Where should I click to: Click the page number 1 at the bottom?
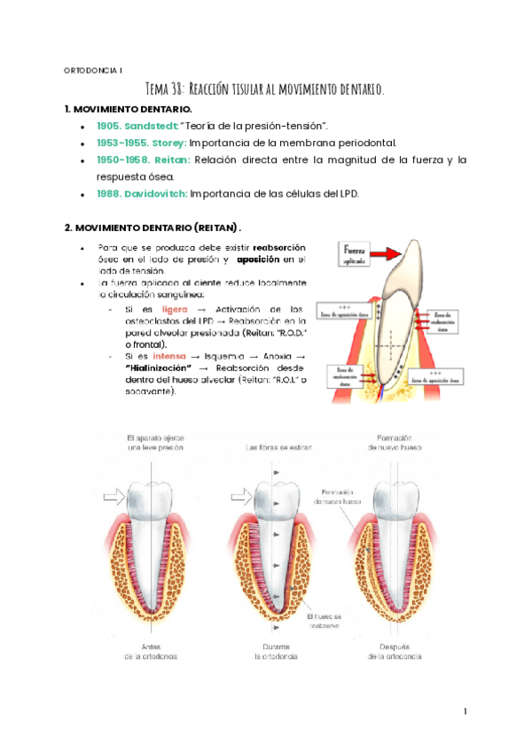(465, 711)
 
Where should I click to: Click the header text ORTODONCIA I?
(96, 70)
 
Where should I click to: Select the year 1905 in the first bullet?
(111, 127)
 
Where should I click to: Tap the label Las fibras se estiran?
(276, 449)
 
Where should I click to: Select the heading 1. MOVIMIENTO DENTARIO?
(129, 108)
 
